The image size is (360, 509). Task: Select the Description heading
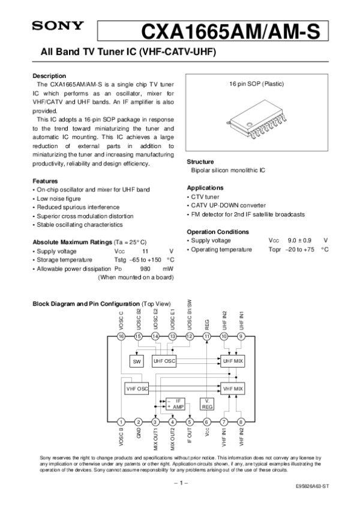point(49,76)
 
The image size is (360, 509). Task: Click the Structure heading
point(200,162)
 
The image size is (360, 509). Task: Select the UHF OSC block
point(164,361)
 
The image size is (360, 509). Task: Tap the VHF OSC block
point(137,388)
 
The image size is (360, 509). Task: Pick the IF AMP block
point(175,403)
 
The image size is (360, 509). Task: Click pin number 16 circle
point(121,336)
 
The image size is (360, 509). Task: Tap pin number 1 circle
point(121,421)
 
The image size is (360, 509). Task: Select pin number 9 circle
point(241,336)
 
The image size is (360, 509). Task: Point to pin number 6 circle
point(207,421)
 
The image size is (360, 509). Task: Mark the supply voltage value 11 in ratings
point(145,251)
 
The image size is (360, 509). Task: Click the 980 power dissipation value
point(145,269)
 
